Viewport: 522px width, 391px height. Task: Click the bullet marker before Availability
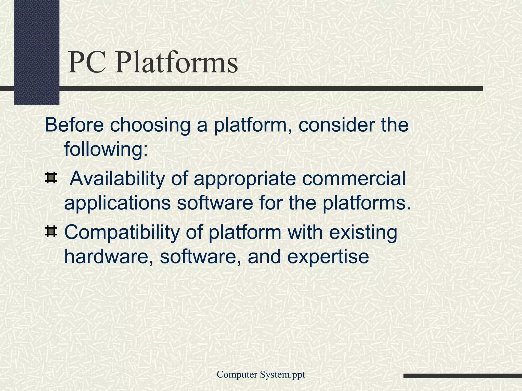coord(51,178)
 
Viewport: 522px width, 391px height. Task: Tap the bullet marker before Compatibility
coord(51,232)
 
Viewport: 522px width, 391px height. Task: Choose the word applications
coord(117,204)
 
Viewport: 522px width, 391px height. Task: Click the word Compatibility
coord(122,233)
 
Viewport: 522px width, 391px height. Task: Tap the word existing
coord(363,233)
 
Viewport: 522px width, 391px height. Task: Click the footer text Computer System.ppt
coord(261,374)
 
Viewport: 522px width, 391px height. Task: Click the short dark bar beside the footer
coord(462,376)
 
